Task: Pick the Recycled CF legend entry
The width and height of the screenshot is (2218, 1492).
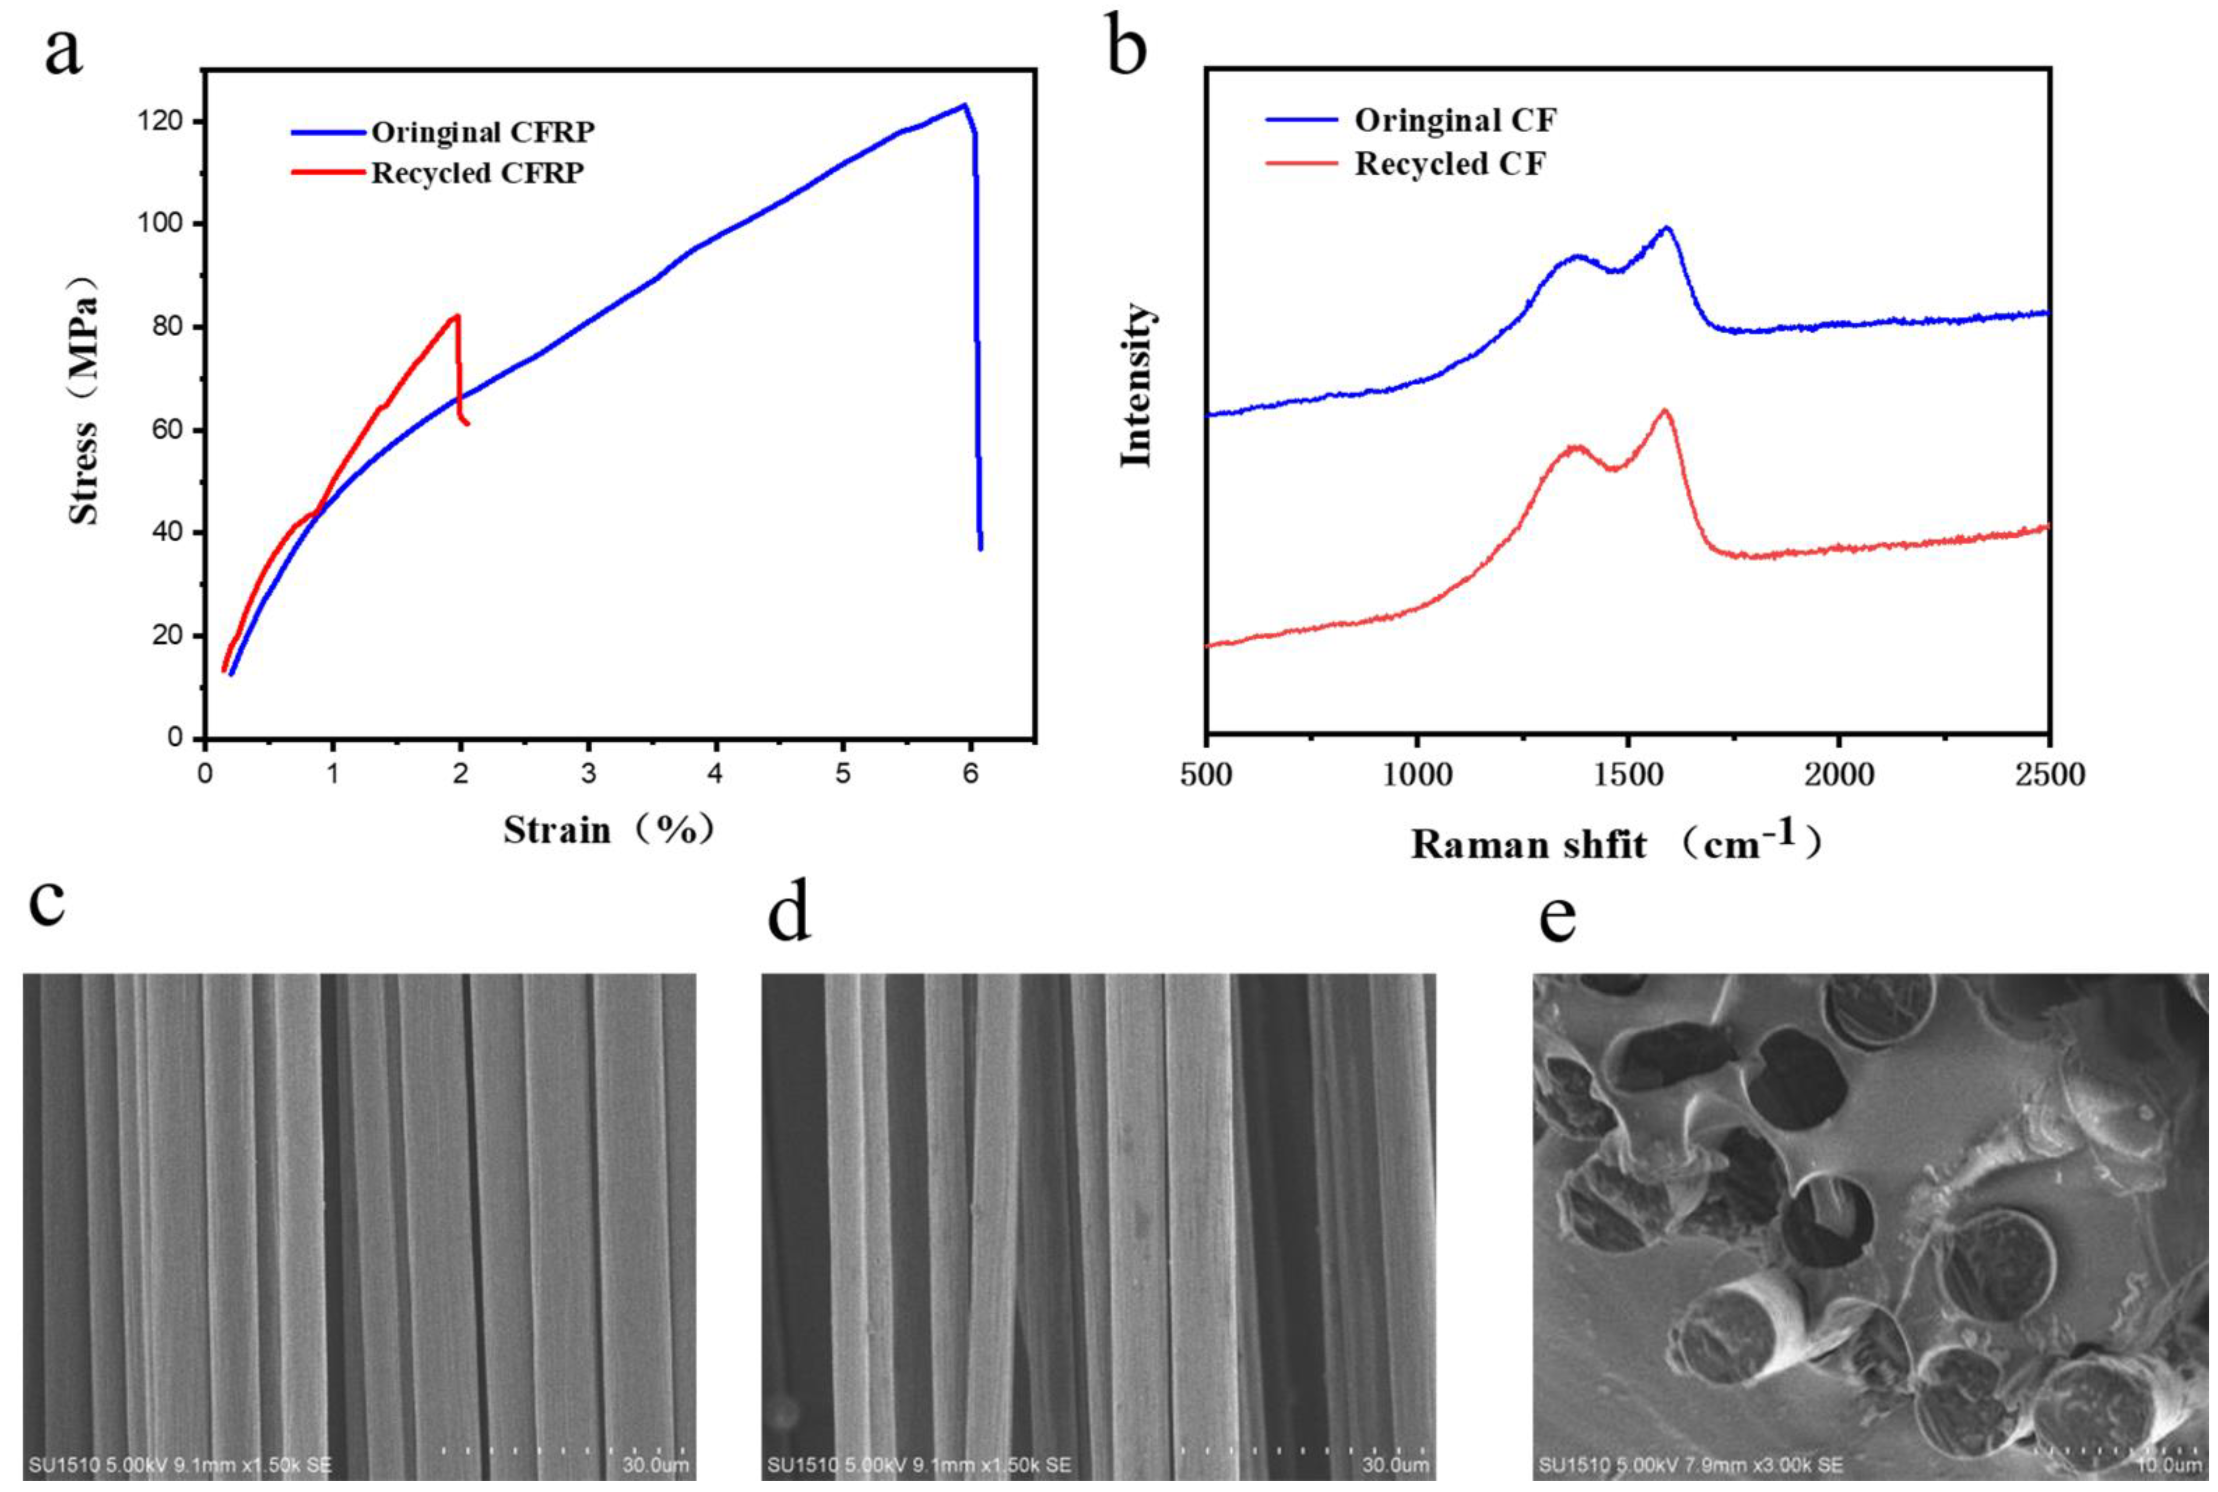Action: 1449,163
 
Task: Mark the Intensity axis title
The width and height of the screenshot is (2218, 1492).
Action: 1135,385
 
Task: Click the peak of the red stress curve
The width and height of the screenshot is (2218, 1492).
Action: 458,316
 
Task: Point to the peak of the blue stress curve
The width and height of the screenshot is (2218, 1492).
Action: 964,105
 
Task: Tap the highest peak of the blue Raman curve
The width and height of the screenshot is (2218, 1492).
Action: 1666,228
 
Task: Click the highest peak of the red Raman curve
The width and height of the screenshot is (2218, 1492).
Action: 1664,410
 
